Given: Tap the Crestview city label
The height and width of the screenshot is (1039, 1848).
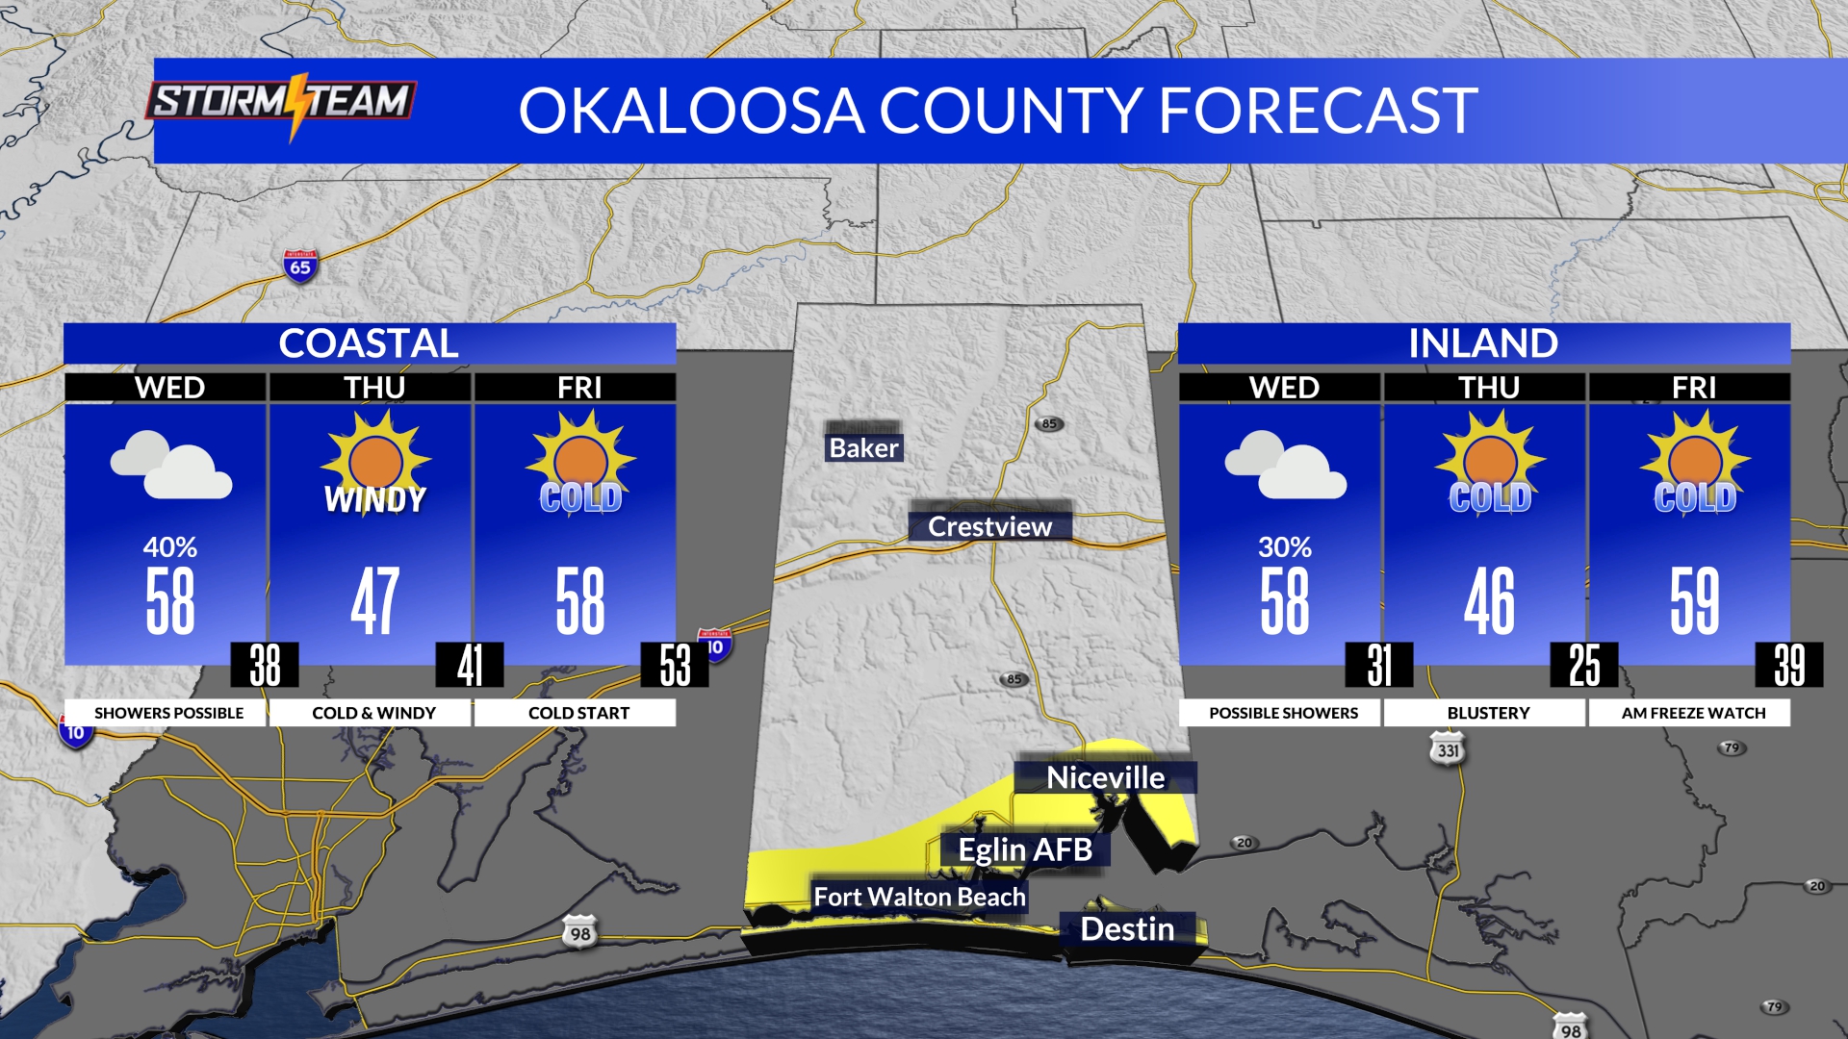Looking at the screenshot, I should click(x=989, y=526).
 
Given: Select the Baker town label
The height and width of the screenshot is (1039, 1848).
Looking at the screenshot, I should click(x=863, y=447).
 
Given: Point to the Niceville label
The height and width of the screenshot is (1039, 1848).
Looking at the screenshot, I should click(x=1105, y=777).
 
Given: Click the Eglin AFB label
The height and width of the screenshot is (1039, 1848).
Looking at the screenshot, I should click(x=1025, y=849).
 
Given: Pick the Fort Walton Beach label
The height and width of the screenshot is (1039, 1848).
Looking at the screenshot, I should click(x=919, y=897).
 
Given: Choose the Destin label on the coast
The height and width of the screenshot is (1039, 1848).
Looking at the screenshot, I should click(x=1127, y=928).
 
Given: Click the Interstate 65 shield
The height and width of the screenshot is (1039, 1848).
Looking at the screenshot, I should click(x=300, y=266).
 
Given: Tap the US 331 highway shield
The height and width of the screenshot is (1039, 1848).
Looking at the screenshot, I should click(x=1448, y=749).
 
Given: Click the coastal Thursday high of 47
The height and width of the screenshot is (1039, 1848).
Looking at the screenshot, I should click(x=374, y=601).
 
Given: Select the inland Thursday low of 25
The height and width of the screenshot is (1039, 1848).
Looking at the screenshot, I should click(x=1584, y=665).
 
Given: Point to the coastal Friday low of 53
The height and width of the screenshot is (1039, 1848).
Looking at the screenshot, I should click(x=675, y=665).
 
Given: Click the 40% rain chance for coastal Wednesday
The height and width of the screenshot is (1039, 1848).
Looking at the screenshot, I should click(x=170, y=547).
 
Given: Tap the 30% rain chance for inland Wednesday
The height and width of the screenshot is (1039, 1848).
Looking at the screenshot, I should click(x=1284, y=547).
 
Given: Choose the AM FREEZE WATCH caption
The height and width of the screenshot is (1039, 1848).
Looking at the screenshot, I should click(x=1693, y=713).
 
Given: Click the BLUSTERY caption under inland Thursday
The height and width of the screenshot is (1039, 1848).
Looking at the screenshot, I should click(x=1488, y=713).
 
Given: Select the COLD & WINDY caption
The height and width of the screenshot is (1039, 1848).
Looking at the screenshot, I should click(x=373, y=713).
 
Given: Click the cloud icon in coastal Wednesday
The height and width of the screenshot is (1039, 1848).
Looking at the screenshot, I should click(x=170, y=465).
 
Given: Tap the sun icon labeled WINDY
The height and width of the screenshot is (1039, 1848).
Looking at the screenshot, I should click(x=374, y=459).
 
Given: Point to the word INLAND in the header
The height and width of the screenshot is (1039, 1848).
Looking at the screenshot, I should click(x=1483, y=343).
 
